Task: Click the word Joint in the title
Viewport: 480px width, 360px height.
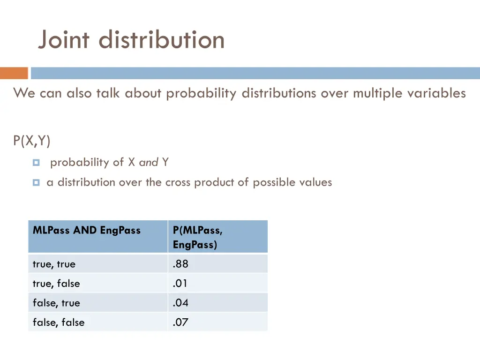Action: (64, 40)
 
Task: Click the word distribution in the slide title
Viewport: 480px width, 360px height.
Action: (162, 40)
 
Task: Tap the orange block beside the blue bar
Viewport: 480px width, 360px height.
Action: (14, 73)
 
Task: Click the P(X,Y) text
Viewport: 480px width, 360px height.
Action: (32, 141)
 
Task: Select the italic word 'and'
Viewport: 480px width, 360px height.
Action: (149, 163)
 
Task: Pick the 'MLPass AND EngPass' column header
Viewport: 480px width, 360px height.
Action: (87, 230)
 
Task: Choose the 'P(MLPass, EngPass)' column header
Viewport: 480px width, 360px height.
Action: (197, 237)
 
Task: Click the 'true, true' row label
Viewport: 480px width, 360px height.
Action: (54, 264)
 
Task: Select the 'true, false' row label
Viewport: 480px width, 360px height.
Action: (56, 284)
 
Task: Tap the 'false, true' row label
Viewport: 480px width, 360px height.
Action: (56, 303)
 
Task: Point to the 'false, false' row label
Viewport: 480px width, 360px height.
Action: (59, 322)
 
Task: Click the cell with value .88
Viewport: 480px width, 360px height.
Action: (180, 264)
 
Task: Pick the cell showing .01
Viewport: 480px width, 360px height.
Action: (180, 284)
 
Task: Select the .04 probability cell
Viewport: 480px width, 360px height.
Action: (180, 303)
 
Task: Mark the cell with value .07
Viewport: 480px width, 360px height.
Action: (180, 322)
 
